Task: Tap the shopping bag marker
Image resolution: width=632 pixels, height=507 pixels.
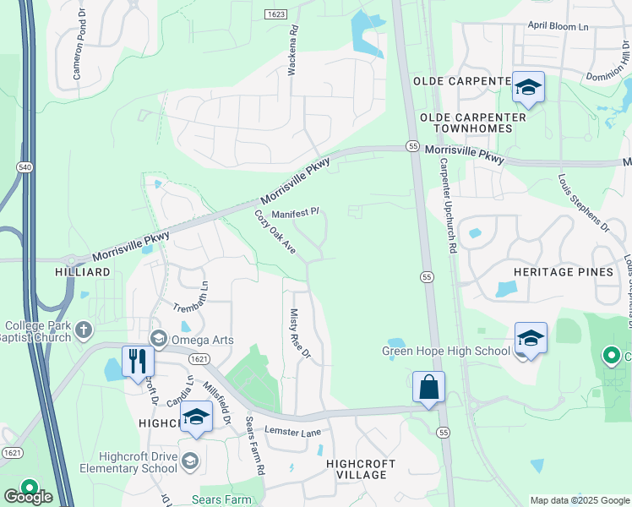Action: pyautogui.click(x=428, y=387)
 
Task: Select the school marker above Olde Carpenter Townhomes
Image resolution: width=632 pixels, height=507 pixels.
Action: pyautogui.click(x=528, y=87)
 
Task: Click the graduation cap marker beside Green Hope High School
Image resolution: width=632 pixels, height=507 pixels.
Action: pyautogui.click(x=530, y=339)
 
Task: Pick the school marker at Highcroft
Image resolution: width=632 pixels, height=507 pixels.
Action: pyautogui.click(x=196, y=417)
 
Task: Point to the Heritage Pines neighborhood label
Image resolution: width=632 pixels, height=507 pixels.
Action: pyautogui.click(x=562, y=272)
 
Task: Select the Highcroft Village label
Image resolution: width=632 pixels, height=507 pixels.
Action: pyautogui.click(x=357, y=469)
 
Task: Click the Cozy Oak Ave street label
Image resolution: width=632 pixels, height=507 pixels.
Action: pyautogui.click(x=275, y=232)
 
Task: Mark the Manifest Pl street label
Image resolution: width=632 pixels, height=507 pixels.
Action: pyautogui.click(x=294, y=213)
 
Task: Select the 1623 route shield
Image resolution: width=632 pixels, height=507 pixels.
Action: pyautogui.click(x=275, y=14)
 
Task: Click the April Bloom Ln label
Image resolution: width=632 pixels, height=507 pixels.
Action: pyautogui.click(x=557, y=27)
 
